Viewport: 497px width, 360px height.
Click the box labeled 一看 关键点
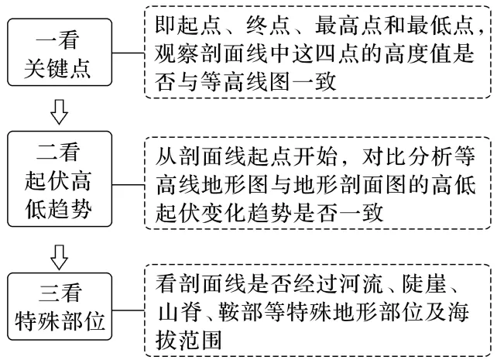60,53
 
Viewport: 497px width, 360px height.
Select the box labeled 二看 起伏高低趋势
60,179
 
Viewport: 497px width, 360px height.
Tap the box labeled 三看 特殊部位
60,307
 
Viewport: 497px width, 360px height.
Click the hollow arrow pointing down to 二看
60,111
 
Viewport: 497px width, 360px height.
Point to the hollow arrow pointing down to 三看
60,257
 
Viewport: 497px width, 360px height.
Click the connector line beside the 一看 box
129,53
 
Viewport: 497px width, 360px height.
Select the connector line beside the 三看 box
129,310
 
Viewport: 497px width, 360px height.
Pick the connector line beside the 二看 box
129,185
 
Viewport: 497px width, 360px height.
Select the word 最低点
441,26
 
